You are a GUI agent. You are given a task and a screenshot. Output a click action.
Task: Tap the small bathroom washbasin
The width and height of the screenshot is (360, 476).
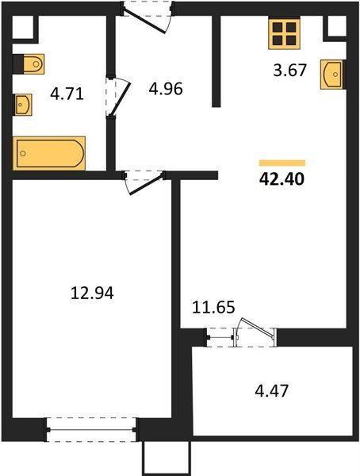22,104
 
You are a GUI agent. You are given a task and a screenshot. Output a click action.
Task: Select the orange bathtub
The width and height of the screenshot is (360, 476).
49,152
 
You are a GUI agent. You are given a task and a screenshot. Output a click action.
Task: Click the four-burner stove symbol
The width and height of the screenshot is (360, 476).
284,33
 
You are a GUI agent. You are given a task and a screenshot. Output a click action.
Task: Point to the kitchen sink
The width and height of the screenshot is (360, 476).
334,75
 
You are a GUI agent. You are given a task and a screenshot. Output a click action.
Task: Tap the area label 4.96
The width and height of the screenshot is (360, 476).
166,88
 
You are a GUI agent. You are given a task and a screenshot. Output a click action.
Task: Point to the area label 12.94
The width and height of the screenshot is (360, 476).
93,294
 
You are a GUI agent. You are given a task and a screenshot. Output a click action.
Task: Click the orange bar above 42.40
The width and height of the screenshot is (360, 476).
281,162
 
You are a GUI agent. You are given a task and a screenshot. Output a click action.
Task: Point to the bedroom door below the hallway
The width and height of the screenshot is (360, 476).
141,181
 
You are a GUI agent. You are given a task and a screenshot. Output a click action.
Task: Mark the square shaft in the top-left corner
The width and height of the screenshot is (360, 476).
25,29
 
